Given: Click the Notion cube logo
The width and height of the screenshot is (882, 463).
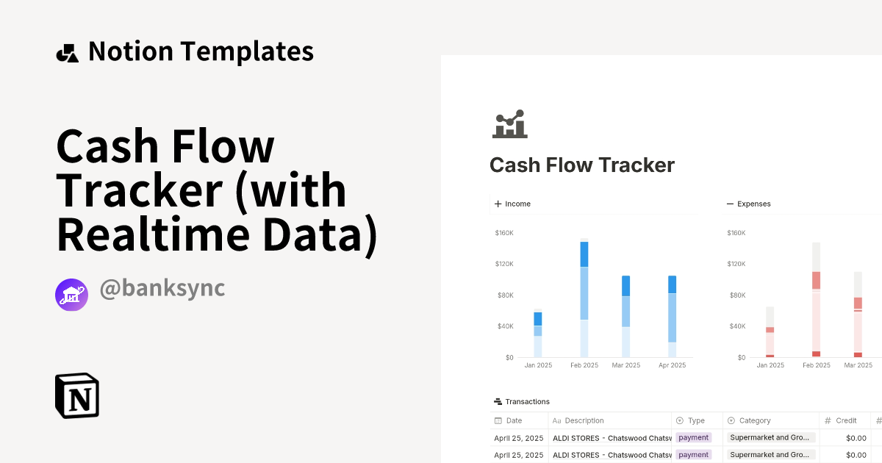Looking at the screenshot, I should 77,395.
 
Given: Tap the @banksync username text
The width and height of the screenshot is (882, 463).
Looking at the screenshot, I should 162,289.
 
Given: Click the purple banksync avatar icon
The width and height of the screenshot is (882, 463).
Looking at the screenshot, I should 71,295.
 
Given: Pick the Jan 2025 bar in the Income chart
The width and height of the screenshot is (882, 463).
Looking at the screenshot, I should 538,334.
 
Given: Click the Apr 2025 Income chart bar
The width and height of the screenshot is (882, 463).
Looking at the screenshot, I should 672,316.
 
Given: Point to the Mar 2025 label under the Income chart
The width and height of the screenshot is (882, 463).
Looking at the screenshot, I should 626,365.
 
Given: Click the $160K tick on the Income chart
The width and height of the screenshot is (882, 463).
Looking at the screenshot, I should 504,233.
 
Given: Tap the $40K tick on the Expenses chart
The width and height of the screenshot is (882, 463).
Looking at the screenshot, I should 736,326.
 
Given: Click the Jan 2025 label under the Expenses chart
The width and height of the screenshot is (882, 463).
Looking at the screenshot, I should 770,365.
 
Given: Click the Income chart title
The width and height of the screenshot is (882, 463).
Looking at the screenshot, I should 517,204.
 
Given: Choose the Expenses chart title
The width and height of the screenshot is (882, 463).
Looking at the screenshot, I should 753,204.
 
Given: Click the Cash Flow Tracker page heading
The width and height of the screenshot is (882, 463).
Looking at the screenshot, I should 582,165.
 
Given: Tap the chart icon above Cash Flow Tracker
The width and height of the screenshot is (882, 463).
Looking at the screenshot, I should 510,124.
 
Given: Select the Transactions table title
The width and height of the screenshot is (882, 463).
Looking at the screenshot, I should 527,401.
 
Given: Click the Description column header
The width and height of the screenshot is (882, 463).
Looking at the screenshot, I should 584,420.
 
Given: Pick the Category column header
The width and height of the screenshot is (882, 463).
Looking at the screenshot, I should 755,420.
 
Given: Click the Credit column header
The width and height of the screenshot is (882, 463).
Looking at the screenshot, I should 846,420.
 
